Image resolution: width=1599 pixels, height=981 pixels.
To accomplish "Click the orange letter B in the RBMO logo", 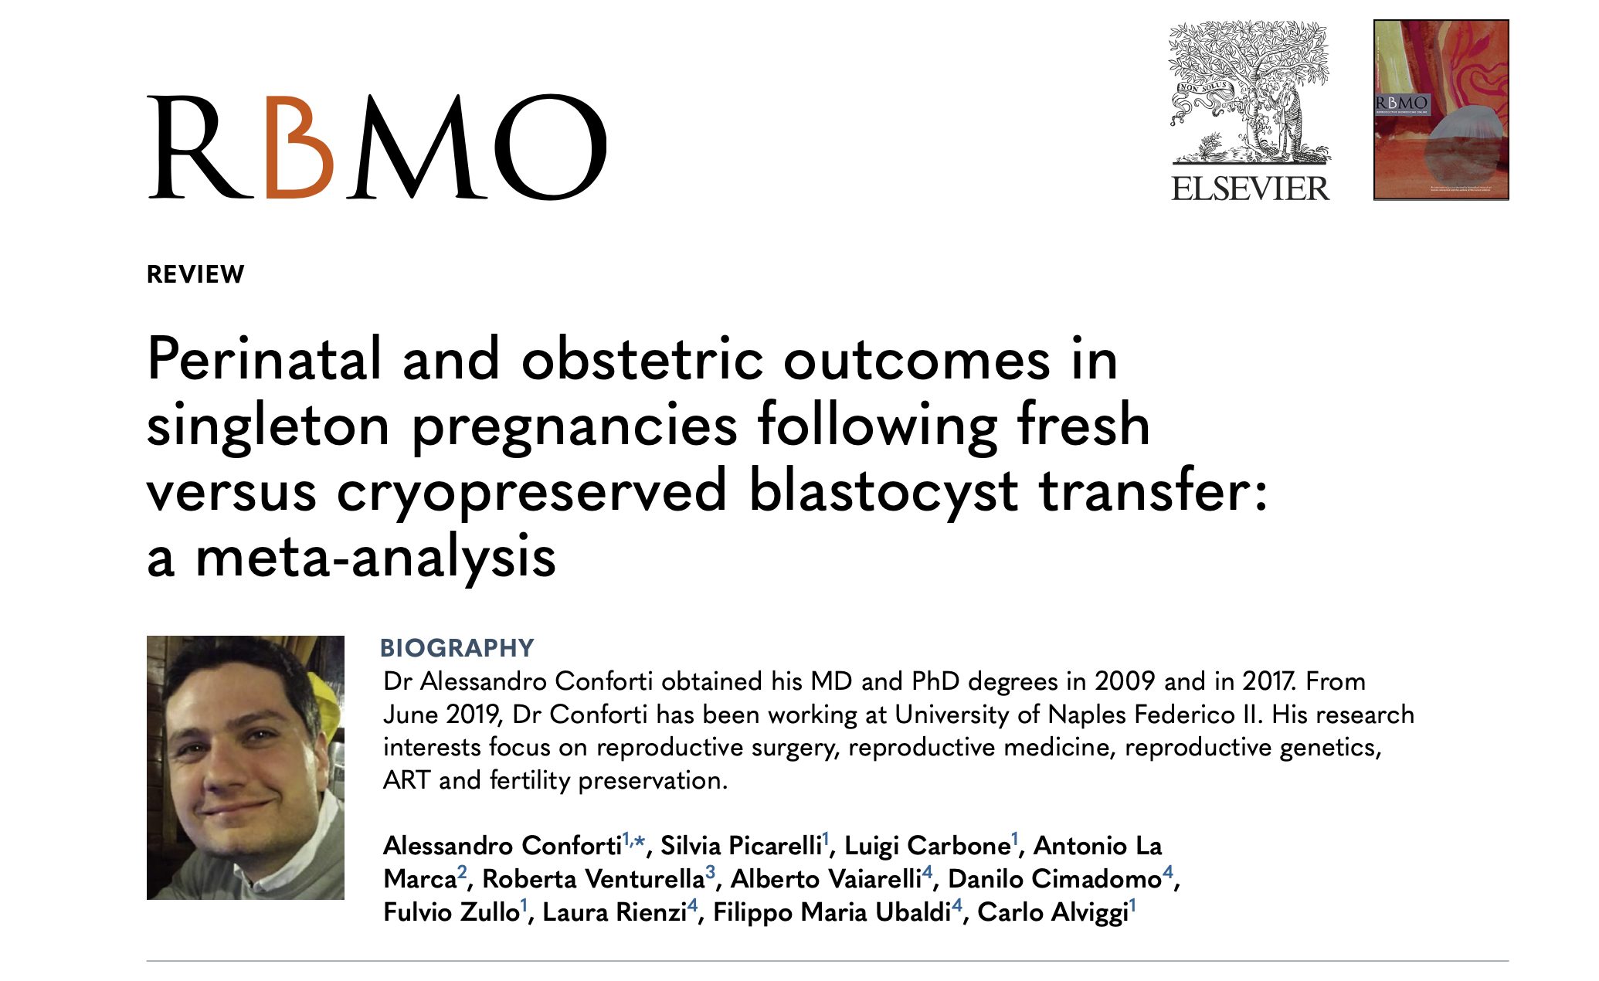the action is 299,147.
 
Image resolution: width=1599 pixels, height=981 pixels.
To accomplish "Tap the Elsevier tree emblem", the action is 1249,92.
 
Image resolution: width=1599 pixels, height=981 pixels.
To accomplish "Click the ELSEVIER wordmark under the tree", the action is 1250,188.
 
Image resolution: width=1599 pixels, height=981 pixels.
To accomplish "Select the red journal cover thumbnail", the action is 1441,110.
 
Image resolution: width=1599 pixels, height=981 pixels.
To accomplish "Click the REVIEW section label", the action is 195,274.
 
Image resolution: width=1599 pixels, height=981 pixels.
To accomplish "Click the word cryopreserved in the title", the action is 531,491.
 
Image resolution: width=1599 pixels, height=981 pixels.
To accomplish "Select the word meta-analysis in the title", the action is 375,557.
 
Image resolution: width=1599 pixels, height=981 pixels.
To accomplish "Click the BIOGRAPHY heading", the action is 457,647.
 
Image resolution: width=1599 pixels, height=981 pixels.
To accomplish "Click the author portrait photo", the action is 246,768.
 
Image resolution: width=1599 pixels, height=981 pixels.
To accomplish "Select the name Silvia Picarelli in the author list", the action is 741,846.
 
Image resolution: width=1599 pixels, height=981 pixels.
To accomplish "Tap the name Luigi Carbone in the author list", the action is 927,846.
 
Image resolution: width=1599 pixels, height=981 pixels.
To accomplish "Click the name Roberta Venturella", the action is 593,879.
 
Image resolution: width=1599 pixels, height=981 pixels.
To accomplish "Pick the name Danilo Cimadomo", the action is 1054,879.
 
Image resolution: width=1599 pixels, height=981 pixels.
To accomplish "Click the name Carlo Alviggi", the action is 1053,912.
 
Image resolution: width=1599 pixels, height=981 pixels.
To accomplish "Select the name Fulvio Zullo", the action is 451,912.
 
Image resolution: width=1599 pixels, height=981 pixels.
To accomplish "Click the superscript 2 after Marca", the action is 462,872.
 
